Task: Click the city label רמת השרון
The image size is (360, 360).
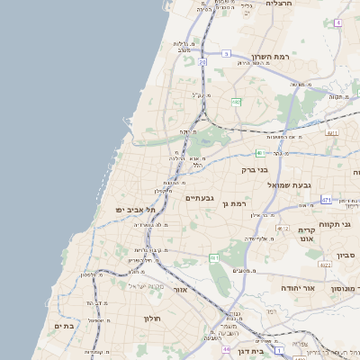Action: point(270,55)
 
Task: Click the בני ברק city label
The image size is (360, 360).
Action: point(256,168)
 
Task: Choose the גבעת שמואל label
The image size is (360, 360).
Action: point(289,184)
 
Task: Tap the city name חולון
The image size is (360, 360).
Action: point(150,318)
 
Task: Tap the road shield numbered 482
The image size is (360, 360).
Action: point(236,103)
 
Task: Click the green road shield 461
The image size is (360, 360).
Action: point(214,258)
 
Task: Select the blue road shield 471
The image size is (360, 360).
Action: point(326,199)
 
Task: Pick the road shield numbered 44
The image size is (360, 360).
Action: point(227,348)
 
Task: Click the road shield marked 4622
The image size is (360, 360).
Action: point(325,265)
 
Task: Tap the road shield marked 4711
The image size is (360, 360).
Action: point(332,133)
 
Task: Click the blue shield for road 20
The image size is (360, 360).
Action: point(202,64)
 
